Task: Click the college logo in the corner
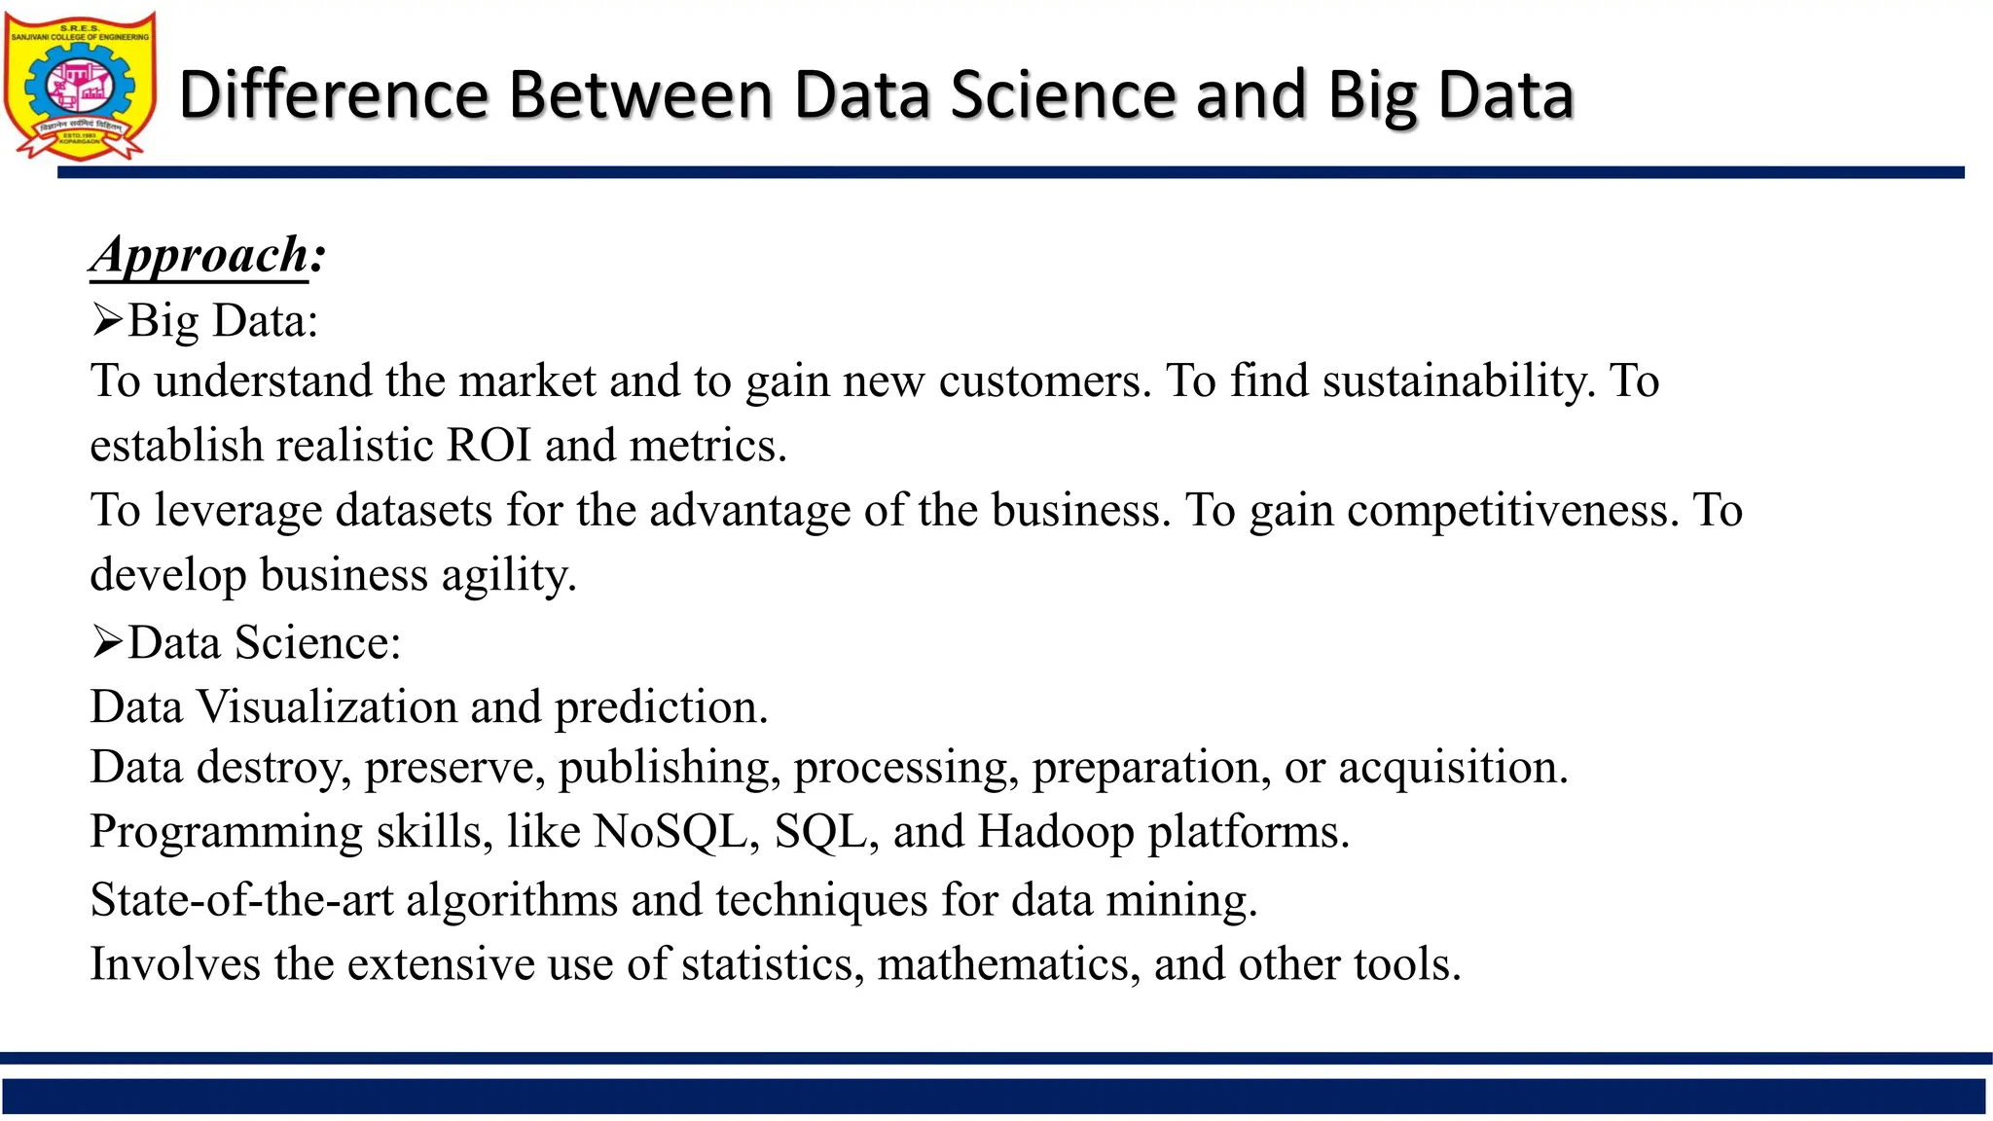tap(80, 86)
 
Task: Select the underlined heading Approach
tap(200, 256)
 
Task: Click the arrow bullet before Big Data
tap(107, 319)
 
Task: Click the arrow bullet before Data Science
tap(107, 642)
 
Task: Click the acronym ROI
tap(489, 446)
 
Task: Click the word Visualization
tap(369, 706)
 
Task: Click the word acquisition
tap(1452, 768)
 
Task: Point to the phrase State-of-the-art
tap(241, 899)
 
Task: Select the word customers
tap(1044, 380)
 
